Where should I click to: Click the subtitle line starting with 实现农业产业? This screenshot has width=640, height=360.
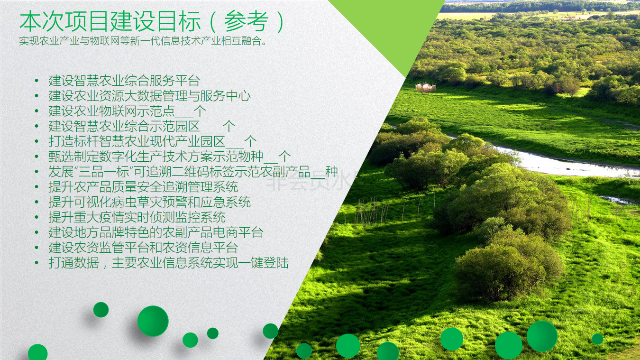[143, 41]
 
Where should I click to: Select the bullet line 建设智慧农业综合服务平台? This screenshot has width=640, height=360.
[124, 81]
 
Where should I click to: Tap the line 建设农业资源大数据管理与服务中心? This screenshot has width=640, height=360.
[149, 96]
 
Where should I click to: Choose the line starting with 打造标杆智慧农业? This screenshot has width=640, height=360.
[153, 141]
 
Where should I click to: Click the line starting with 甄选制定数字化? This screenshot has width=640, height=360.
[170, 157]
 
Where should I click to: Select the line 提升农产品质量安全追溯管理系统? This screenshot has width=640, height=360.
[143, 187]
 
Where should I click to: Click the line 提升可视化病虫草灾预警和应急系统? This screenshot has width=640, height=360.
[149, 202]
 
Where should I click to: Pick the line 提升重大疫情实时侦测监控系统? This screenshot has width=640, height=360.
[137, 217]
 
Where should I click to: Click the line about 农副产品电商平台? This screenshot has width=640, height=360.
[155, 232]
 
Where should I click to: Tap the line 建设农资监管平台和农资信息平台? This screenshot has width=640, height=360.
[143, 248]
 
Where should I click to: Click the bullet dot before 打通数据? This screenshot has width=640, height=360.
[37, 263]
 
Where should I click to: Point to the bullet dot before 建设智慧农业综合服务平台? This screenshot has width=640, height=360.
[37, 81]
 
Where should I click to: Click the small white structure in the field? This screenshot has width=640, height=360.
[425, 87]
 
